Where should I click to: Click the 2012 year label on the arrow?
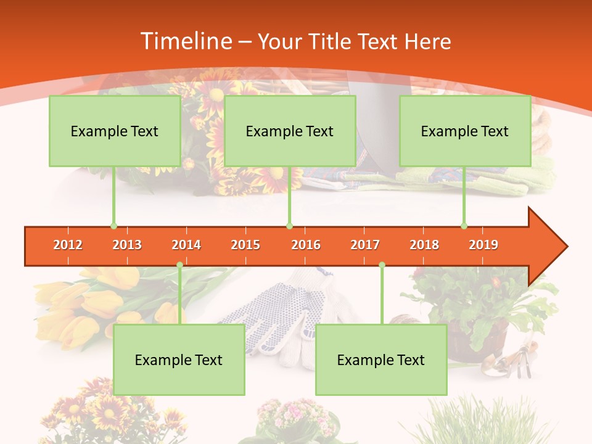(68, 245)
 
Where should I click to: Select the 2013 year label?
(127, 245)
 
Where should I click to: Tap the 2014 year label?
(186, 245)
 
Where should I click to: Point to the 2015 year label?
(245, 245)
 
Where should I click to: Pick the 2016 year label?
(306, 245)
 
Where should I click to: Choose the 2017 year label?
(365, 245)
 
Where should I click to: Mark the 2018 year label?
(424, 245)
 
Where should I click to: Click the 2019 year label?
(483, 245)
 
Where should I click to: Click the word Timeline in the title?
(186, 41)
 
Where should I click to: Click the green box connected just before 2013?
(115, 131)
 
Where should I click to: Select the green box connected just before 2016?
(290, 131)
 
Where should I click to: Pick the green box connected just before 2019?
(465, 131)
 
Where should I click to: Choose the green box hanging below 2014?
(179, 360)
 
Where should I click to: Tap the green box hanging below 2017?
(381, 360)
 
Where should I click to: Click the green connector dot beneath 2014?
(179, 265)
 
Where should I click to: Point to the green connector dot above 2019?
(464, 226)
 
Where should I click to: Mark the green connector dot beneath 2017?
(382, 265)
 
